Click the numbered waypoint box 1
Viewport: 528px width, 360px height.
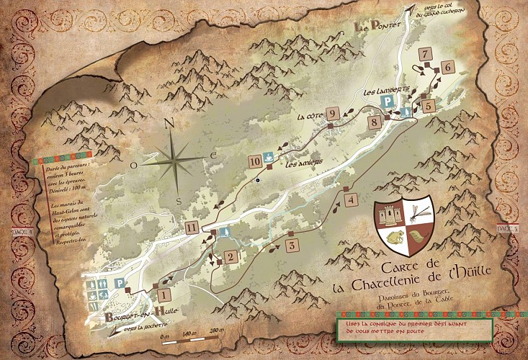164,294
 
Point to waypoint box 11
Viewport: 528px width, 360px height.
191,229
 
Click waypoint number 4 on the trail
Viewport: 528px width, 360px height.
350,201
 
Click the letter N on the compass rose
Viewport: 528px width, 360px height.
170,123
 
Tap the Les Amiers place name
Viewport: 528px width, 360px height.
303,163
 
